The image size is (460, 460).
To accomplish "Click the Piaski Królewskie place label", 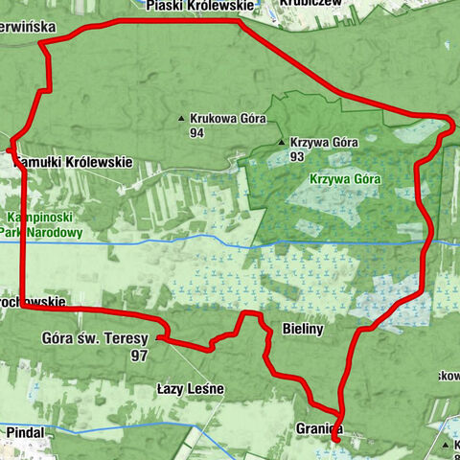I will [x=201, y=6].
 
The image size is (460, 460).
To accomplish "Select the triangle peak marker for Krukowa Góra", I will [x=181, y=119].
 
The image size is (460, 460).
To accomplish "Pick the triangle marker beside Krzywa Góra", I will [x=281, y=143].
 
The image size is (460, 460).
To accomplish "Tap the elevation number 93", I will [x=296, y=156].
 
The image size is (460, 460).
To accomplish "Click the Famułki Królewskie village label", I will [x=71, y=163].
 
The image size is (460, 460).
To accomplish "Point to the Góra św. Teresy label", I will [x=96, y=337].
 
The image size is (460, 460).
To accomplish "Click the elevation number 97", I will [x=139, y=354].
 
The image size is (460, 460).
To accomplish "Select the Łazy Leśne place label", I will [x=190, y=389].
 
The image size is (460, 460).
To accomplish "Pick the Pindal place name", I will [x=25, y=433].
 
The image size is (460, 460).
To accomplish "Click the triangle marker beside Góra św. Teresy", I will [x=159, y=338].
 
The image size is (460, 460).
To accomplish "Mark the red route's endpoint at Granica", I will [x=334, y=437].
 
